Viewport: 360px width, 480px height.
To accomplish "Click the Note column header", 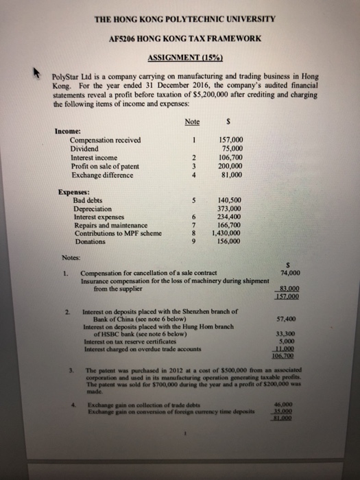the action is [x=192, y=121].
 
